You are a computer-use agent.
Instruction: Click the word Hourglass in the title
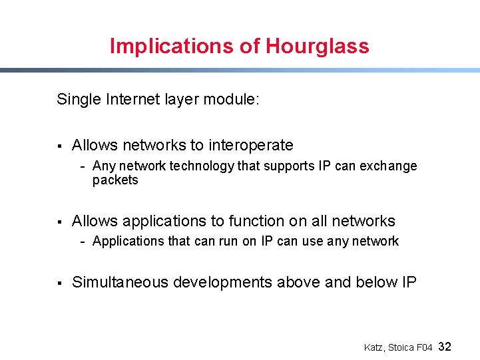317,47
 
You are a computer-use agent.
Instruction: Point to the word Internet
132,100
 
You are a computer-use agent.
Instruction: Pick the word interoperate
251,145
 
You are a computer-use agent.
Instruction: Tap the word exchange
388,166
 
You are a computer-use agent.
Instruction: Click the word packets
115,180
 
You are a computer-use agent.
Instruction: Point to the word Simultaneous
120,282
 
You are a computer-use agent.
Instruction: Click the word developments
222,282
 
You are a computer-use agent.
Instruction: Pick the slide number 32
445,347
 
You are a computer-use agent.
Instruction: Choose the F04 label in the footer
425,347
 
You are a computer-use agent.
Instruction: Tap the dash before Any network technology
83,166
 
